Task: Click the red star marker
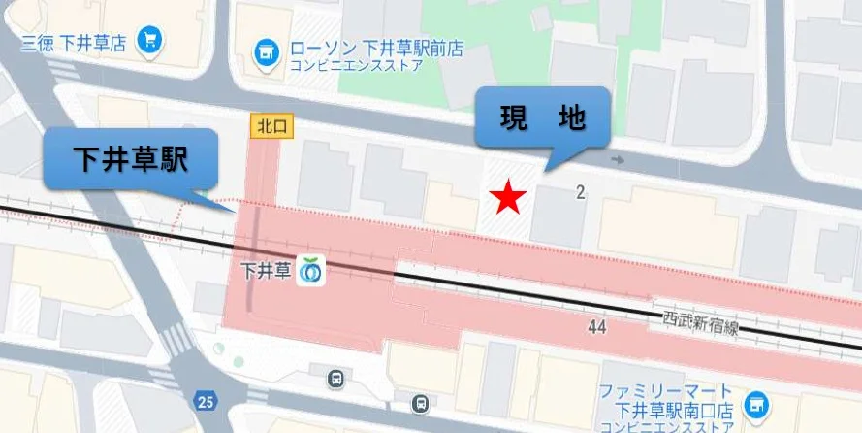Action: (508, 198)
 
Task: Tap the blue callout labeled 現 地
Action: (542, 117)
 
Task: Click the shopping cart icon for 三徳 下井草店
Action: (150, 41)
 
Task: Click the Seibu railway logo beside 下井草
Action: (311, 271)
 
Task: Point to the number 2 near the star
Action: (580, 192)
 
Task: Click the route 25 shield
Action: (204, 400)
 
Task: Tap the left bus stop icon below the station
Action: (335, 378)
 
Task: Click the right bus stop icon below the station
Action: (420, 402)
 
